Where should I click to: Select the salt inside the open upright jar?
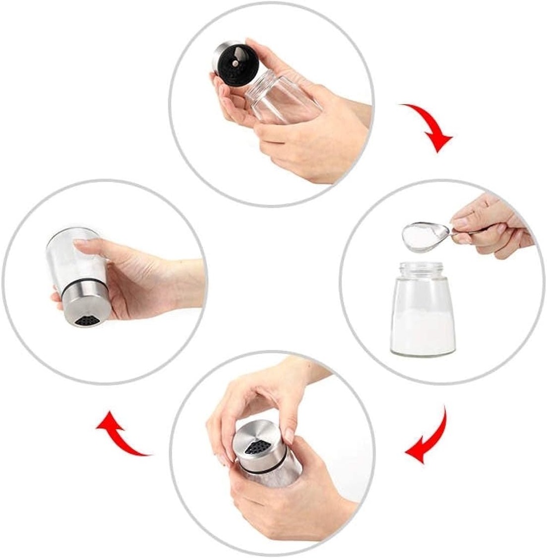[x=423, y=332]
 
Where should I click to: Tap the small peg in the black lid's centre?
[x=235, y=64]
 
